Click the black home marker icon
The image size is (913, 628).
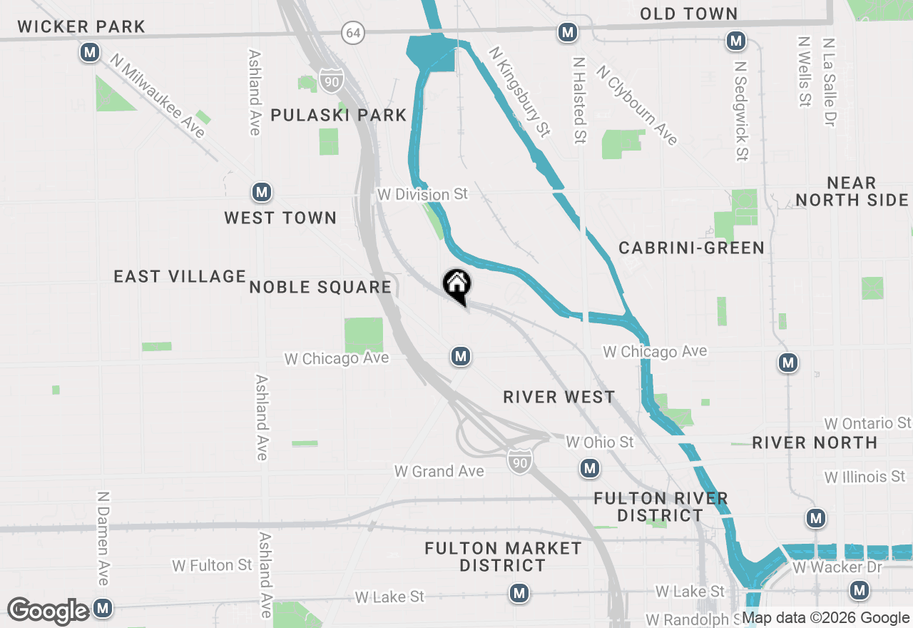pyautogui.click(x=457, y=286)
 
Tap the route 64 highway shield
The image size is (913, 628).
pyautogui.click(x=352, y=32)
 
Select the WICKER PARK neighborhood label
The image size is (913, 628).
pyautogui.click(x=81, y=27)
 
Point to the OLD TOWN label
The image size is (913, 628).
pyautogui.click(x=688, y=14)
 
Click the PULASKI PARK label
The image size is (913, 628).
pyautogui.click(x=339, y=115)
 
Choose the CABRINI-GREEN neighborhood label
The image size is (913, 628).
pyautogui.click(x=691, y=248)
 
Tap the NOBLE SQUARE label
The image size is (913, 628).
pyautogui.click(x=320, y=288)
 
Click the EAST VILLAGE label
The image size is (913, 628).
pyautogui.click(x=180, y=276)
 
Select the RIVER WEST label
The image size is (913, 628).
pyautogui.click(x=558, y=397)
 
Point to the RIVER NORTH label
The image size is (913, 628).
pyautogui.click(x=815, y=443)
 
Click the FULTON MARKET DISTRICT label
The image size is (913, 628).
pyautogui.click(x=503, y=557)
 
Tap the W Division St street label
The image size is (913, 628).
pyautogui.click(x=423, y=194)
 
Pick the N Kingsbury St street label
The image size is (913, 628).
pyautogui.click(x=520, y=91)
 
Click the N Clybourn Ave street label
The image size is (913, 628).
pyautogui.click(x=637, y=105)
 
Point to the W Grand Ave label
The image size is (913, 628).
pyautogui.click(x=439, y=471)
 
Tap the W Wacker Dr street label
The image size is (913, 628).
pyautogui.click(x=837, y=568)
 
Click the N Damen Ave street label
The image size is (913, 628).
pyautogui.click(x=103, y=538)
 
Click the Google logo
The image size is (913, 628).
pyautogui.click(x=49, y=611)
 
